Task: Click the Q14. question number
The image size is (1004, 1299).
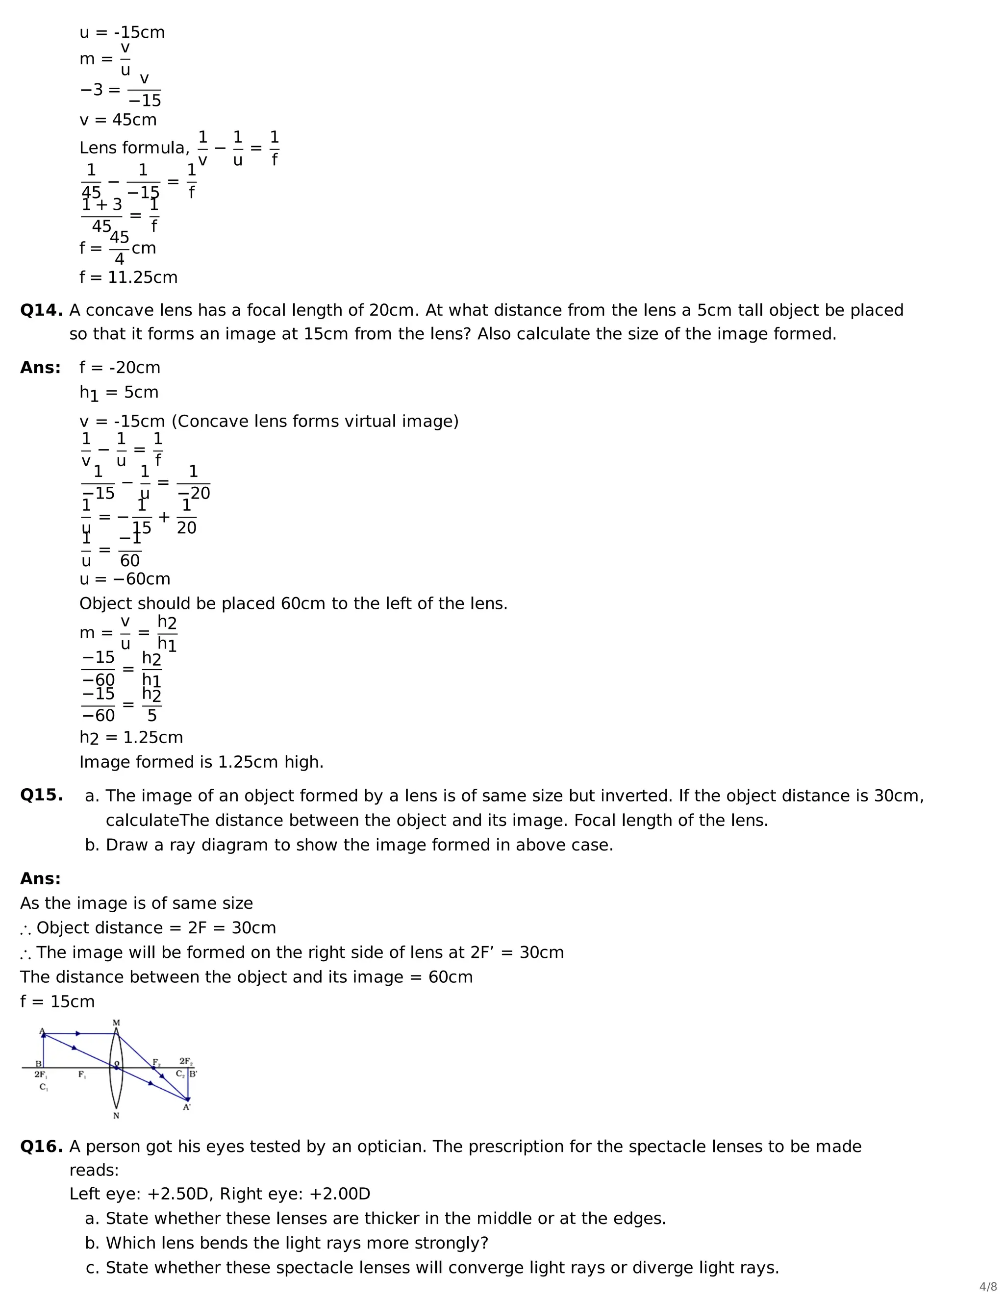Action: [x=41, y=310]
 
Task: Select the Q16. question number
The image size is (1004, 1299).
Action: [x=41, y=1147]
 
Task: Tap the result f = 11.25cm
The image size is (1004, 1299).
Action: [x=128, y=278]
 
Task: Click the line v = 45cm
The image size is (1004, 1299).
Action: [x=118, y=120]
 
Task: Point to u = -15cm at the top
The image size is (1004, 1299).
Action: [x=122, y=33]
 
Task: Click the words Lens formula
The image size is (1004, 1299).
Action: [x=134, y=148]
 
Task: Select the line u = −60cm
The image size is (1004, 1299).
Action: [x=125, y=579]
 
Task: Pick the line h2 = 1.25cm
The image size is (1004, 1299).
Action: [x=131, y=738]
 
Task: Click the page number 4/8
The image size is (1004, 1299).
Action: [x=988, y=1287]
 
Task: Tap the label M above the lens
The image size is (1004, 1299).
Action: [x=116, y=1023]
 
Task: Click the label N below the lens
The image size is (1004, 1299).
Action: [x=116, y=1116]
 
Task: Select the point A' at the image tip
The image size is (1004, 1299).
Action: [x=187, y=1107]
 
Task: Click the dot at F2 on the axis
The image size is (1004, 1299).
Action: [x=153, y=1068]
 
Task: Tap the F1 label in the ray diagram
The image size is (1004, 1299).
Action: [x=81, y=1075]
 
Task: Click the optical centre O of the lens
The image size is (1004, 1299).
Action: [x=116, y=1067]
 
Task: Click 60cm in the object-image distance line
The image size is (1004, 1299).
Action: [x=450, y=977]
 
